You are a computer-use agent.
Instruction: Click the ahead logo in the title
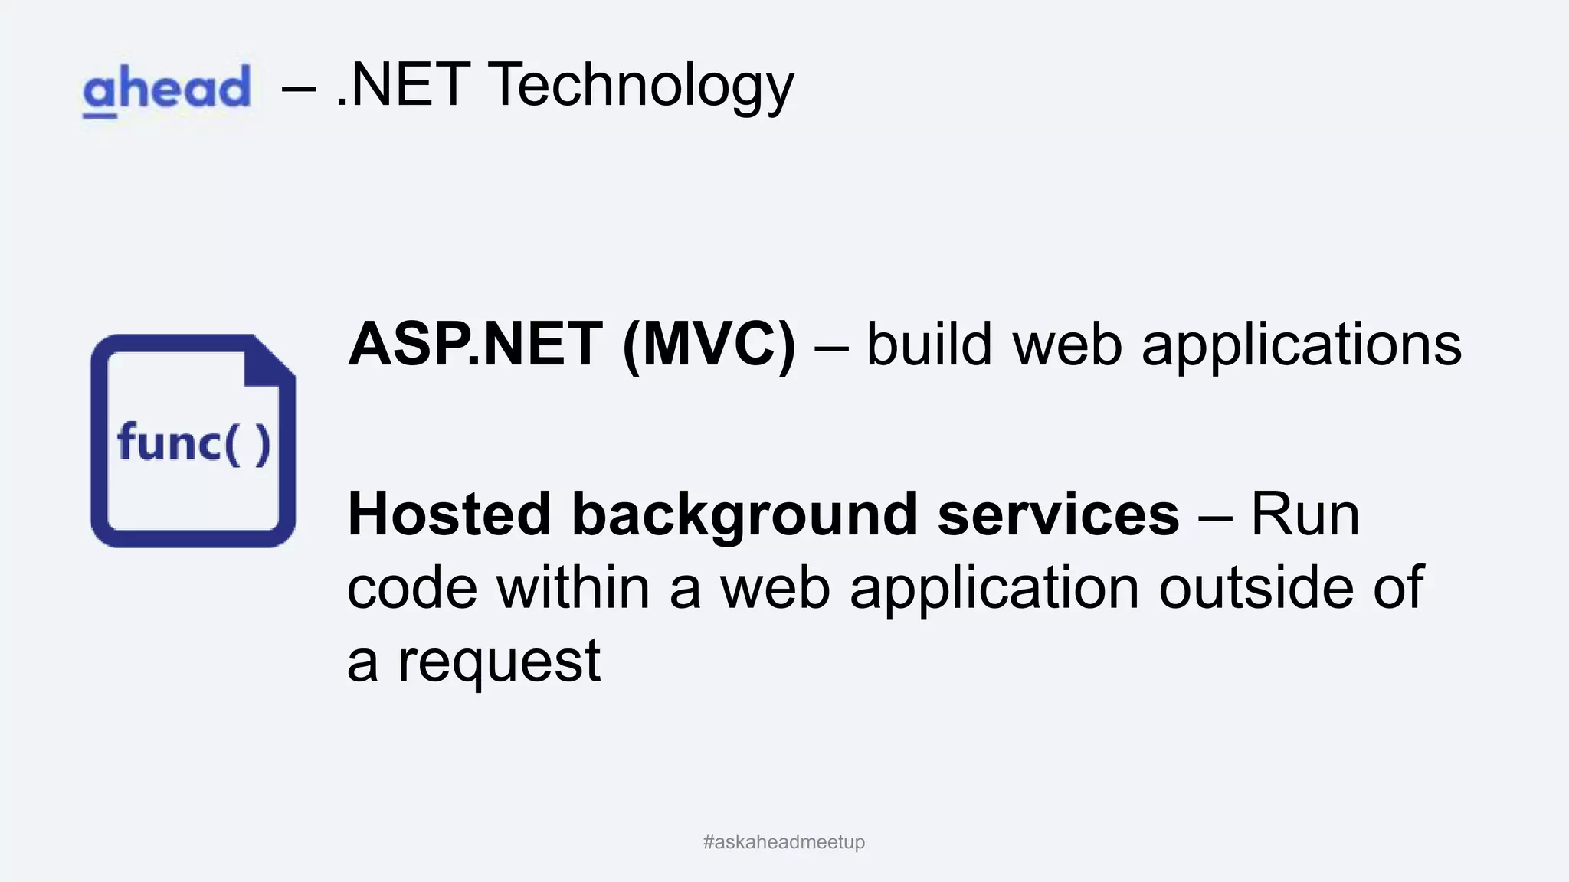tap(166, 90)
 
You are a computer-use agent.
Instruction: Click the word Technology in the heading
tap(640, 85)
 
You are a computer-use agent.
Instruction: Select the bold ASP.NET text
tap(476, 345)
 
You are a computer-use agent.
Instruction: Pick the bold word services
tap(1058, 514)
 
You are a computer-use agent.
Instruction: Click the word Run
tap(1305, 514)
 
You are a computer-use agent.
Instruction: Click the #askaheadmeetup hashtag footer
tap(784, 842)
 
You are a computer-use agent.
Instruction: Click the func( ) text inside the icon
tap(194, 444)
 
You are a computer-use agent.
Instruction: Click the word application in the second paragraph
tap(994, 589)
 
